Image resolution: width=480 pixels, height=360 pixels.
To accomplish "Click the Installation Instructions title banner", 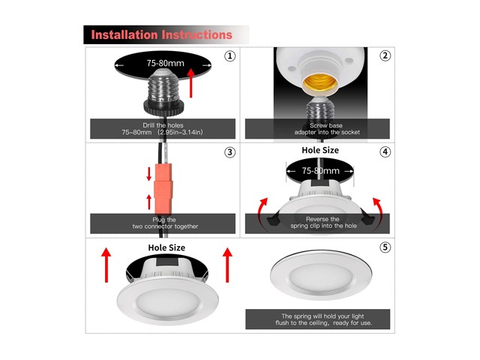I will pos(162,34).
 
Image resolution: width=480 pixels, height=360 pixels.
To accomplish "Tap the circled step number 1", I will pos(229,56).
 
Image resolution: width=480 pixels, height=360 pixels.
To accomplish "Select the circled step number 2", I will pos(385,56).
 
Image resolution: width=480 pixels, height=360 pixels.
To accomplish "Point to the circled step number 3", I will pos(229,153).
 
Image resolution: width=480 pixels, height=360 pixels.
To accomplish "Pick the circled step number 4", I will pos(385,151).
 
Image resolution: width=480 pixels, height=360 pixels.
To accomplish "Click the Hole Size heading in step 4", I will pos(319,150).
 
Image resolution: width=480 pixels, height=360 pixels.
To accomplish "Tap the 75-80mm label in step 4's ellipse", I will pos(320,171).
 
